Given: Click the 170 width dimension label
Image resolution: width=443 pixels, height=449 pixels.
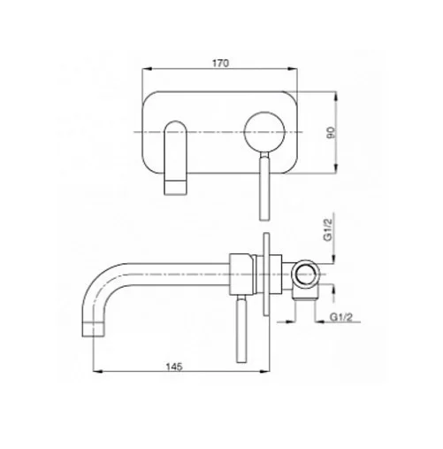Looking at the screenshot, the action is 220,63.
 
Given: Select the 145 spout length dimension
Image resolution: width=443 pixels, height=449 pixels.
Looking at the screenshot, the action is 174,367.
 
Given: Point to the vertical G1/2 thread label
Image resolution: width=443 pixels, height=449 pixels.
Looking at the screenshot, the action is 328,230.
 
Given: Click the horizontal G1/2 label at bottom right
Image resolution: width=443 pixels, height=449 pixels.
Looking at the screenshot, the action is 341,317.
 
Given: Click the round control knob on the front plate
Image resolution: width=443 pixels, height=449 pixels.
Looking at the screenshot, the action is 264,132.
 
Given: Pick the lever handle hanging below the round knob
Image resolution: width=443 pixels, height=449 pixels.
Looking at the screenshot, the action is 264,185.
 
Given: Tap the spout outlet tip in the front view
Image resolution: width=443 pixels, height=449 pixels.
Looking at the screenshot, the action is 175,188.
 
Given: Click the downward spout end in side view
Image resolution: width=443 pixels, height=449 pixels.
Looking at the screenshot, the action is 93,330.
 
